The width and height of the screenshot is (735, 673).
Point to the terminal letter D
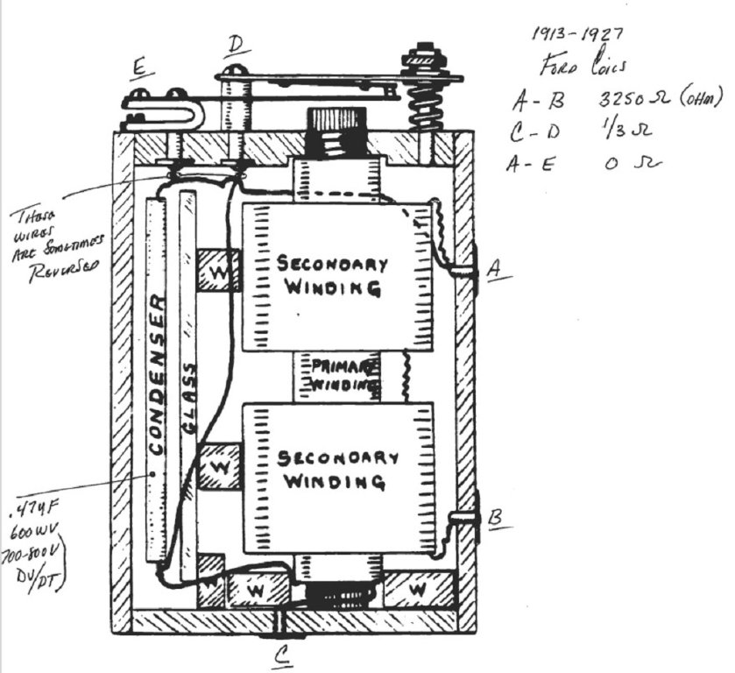[236, 43]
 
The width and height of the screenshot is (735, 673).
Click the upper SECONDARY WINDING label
[332, 274]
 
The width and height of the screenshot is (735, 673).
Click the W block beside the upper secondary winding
[217, 273]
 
